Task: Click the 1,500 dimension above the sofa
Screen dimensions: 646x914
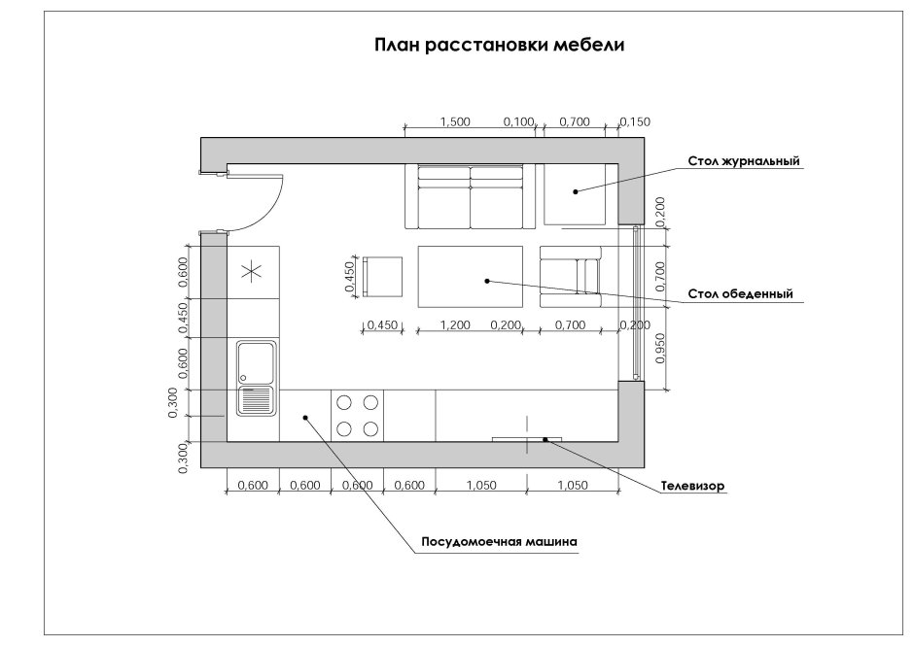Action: coord(454,122)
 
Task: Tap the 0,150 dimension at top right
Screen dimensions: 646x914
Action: coord(634,122)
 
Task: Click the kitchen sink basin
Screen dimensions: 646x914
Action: coord(257,361)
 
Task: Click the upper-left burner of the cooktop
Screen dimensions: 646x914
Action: coord(344,402)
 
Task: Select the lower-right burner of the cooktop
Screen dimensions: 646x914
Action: coord(370,428)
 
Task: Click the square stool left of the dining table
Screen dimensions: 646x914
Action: coord(383,277)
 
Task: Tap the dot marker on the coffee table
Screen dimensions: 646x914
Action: coord(576,191)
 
